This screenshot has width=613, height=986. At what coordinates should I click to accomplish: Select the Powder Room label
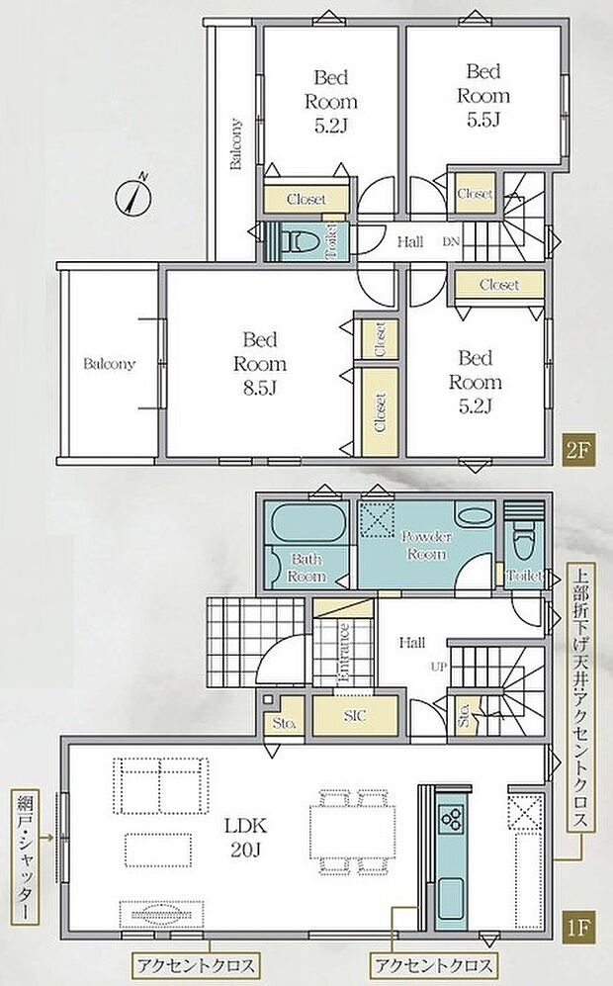[427, 545]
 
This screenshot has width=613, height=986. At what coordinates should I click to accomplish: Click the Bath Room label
[306, 568]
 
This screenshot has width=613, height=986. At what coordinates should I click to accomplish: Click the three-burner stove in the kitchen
[453, 818]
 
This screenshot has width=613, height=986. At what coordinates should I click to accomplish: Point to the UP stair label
[438, 667]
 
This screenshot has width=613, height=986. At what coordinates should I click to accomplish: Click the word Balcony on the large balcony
[109, 364]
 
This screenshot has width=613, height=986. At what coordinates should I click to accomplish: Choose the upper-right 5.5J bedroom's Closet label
[476, 194]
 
